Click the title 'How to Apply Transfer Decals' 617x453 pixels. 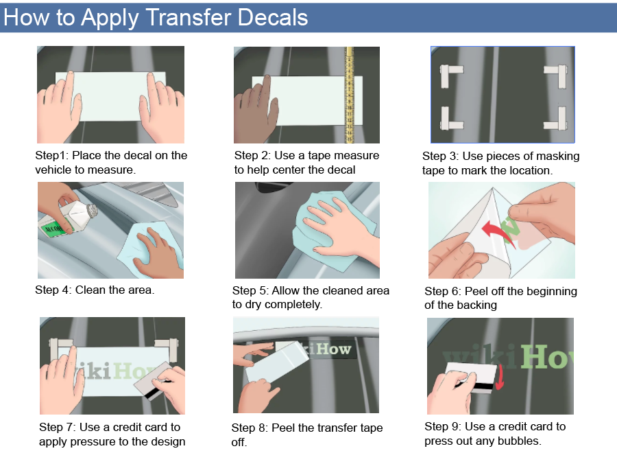click(x=156, y=18)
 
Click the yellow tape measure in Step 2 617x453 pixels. click(x=349, y=95)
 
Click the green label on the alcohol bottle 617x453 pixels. click(x=55, y=229)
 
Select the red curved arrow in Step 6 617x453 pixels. click(x=496, y=231)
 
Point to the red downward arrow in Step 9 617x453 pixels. click(x=499, y=377)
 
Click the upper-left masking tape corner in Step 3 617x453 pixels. click(x=450, y=74)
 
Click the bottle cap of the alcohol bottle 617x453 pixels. click(x=91, y=210)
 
